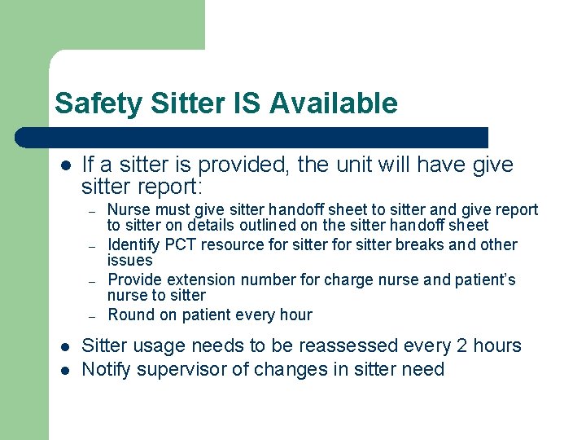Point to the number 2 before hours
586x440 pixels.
[x=461, y=345]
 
